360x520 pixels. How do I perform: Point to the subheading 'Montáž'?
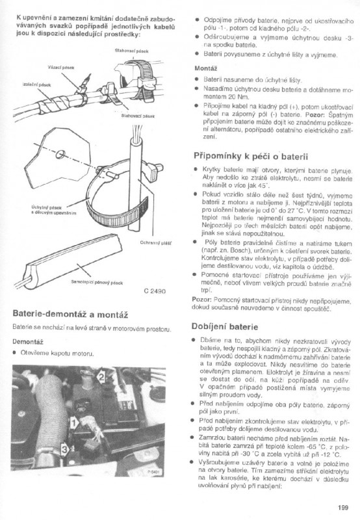pyautogui.click(x=206, y=68)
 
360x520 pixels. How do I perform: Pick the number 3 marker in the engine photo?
pyautogui.click(x=64, y=448)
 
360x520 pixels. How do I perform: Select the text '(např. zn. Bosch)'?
pyautogui.click(x=223, y=267)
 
